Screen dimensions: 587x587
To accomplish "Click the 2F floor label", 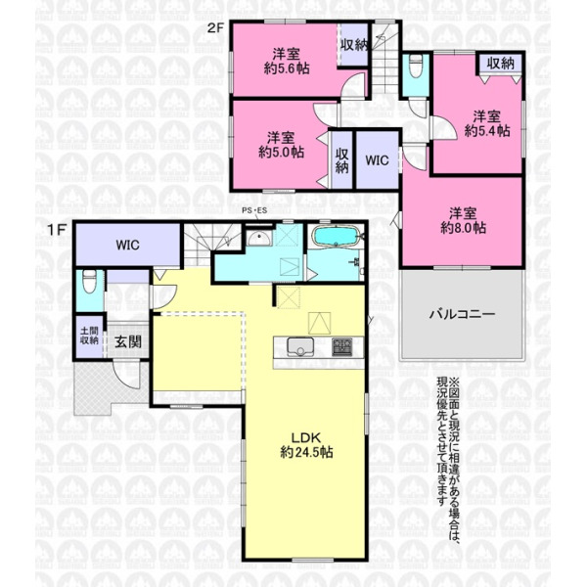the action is (x=215, y=27).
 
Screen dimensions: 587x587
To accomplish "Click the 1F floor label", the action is (x=56, y=230).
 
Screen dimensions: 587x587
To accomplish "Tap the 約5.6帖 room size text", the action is (x=287, y=68).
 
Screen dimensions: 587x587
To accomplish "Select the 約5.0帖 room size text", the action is (x=281, y=152).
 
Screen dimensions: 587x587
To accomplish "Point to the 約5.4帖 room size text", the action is (x=486, y=131).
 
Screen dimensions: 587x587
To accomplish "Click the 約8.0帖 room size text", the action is (x=463, y=227).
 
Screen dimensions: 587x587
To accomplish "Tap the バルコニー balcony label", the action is (x=462, y=314).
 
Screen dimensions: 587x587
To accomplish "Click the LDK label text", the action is (x=306, y=437).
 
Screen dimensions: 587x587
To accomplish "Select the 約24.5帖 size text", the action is (x=306, y=452).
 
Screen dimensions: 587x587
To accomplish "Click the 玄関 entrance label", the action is (x=127, y=341).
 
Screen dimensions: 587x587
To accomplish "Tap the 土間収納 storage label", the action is (x=89, y=336).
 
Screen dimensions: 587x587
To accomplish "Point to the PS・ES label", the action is (x=254, y=210).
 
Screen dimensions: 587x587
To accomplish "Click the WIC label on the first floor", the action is (x=127, y=246).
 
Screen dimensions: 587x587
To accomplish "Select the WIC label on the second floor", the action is (x=377, y=160).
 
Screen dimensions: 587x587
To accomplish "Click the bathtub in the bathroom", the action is (x=336, y=236).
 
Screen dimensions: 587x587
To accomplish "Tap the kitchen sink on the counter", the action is (x=300, y=346).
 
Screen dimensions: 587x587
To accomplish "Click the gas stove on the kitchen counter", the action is (x=342, y=346).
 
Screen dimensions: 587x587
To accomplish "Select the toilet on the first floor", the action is (x=90, y=281).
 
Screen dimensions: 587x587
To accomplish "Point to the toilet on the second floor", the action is (x=416, y=66).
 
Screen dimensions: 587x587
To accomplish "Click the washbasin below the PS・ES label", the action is (x=259, y=238).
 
